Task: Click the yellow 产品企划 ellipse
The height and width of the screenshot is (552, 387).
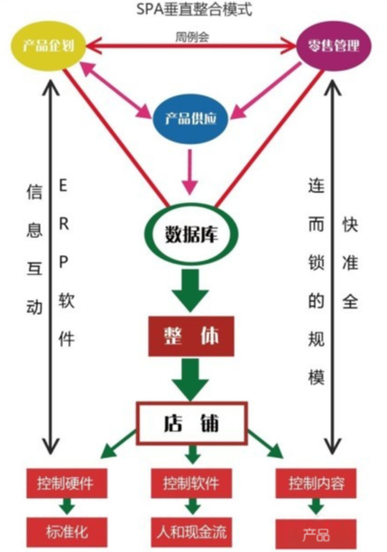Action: (x=49, y=46)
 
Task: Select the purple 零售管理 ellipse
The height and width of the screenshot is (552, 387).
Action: (x=334, y=46)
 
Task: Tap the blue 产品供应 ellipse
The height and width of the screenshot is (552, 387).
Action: (x=190, y=118)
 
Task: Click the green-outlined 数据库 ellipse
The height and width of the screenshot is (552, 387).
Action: (x=191, y=234)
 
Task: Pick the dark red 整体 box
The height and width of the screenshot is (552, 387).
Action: (x=191, y=336)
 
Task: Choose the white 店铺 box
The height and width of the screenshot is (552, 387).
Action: (x=192, y=422)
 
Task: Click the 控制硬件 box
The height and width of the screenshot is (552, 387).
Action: (x=67, y=483)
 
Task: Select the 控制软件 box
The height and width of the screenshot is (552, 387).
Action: (x=191, y=483)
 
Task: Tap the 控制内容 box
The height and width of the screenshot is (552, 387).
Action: (x=317, y=483)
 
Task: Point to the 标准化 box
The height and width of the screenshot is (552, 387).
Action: (x=67, y=532)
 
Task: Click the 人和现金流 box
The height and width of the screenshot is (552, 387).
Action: (x=191, y=532)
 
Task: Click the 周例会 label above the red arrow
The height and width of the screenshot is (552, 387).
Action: (x=192, y=37)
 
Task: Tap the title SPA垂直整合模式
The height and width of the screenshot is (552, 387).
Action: (x=194, y=9)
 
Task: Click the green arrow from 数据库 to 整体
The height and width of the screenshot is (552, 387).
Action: (x=190, y=290)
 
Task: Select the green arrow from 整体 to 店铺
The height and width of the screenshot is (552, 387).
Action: (x=190, y=380)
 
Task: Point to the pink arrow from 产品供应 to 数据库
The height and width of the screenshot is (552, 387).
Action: (x=189, y=171)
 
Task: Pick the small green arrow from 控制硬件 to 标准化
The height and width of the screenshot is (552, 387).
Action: (x=67, y=507)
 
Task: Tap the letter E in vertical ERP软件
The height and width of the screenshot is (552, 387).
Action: (x=63, y=185)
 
